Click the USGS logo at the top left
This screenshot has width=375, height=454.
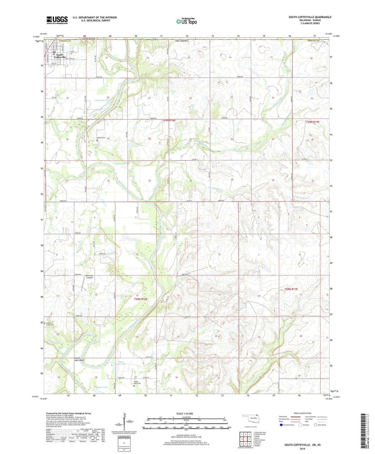(x=57, y=20)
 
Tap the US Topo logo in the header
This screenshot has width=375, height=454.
(x=186, y=21)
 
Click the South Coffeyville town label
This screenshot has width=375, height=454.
(x=59, y=56)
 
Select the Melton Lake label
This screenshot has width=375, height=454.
(x=121, y=164)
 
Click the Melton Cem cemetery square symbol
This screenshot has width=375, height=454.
(x=97, y=140)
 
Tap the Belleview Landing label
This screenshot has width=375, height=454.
(x=89, y=276)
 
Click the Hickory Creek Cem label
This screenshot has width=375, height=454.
(x=50, y=324)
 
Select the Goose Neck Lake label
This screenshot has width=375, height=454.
(x=122, y=363)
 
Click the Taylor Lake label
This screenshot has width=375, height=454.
(x=102, y=387)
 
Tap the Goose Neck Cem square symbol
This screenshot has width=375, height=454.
(x=134, y=386)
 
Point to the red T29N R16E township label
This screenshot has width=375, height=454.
(x=169, y=120)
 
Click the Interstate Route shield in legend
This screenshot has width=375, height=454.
(x=281, y=425)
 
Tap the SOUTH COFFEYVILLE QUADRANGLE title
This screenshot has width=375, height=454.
(x=310, y=17)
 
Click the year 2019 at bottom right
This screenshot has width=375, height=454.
(x=302, y=449)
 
